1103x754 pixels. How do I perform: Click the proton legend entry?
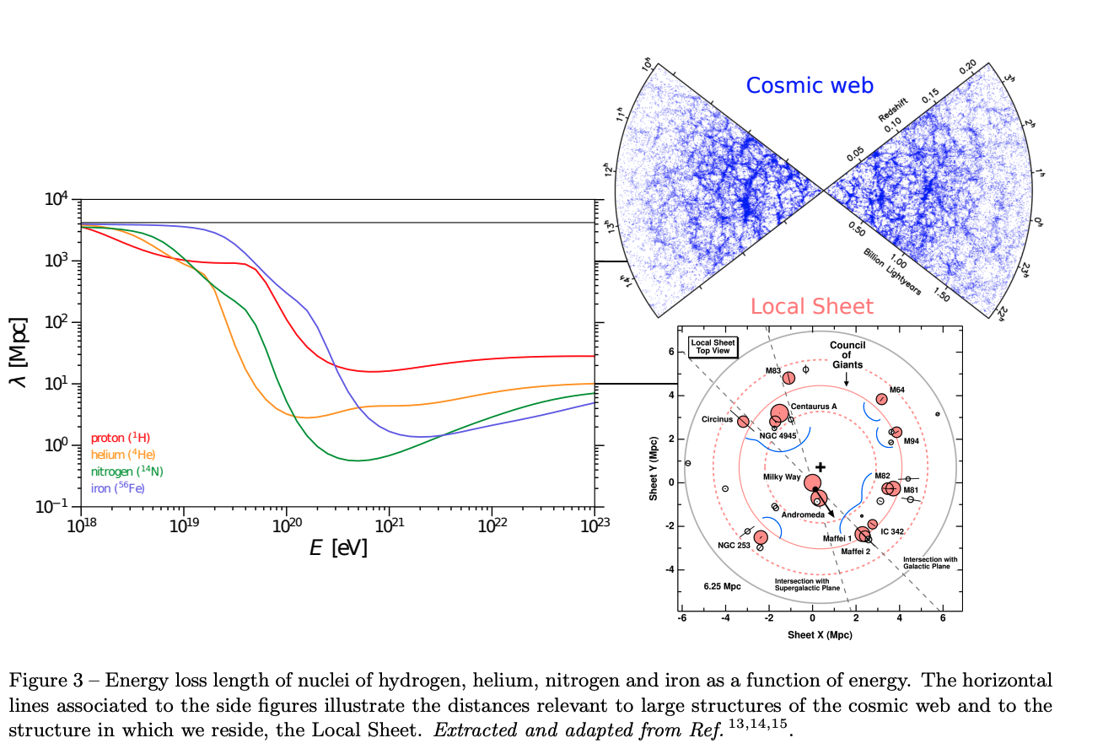(120, 439)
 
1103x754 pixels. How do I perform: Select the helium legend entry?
(122, 455)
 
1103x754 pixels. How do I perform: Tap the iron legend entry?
(116, 487)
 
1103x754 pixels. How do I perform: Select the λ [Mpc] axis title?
(18, 353)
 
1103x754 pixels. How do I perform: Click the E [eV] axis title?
(338, 548)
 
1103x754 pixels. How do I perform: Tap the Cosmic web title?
(809, 85)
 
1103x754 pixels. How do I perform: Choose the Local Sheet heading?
(812, 306)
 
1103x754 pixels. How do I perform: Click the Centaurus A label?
(813, 407)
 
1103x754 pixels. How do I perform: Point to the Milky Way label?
(782, 477)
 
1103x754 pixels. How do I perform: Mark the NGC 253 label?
(734, 545)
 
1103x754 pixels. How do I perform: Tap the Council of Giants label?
(847, 354)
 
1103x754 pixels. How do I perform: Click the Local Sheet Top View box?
(713, 347)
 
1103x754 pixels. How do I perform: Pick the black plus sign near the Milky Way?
(820, 466)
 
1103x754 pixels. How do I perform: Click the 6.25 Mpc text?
(722, 585)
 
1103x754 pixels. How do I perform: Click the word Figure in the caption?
(35, 681)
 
